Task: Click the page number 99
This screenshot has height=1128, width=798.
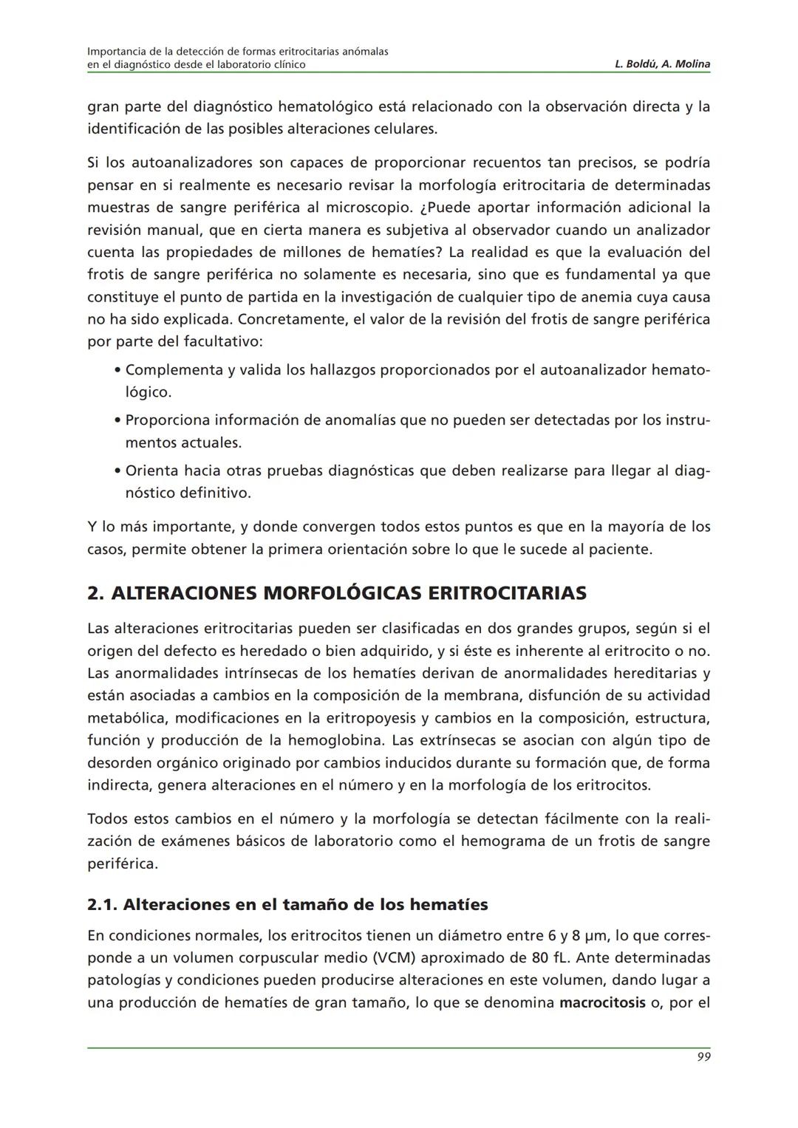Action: pos(703,1057)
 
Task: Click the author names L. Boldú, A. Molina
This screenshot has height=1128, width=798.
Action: pos(662,64)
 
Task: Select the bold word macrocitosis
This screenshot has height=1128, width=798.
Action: pos(602,1003)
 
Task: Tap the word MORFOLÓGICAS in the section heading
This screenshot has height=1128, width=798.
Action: pos(343,593)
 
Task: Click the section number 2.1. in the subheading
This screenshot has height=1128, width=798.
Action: pos(102,904)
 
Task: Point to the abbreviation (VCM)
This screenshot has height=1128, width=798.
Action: pos(397,958)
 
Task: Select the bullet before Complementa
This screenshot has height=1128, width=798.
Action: pos(117,370)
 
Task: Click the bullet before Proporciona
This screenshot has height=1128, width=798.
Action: pos(117,420)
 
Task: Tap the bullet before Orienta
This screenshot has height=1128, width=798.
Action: pos(117,471)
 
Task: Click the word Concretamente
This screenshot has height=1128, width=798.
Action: pos(287,320)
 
